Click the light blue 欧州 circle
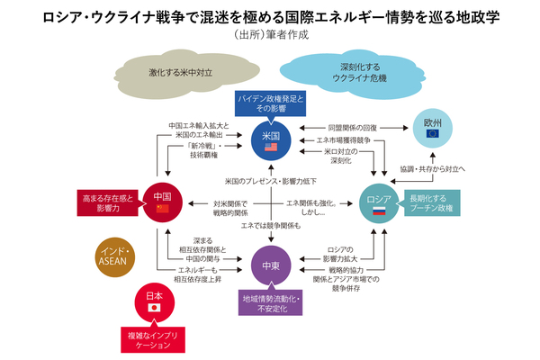(x=430, y=125)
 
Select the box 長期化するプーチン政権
(x=439, y=202)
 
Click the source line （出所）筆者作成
(x=270, y=37)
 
